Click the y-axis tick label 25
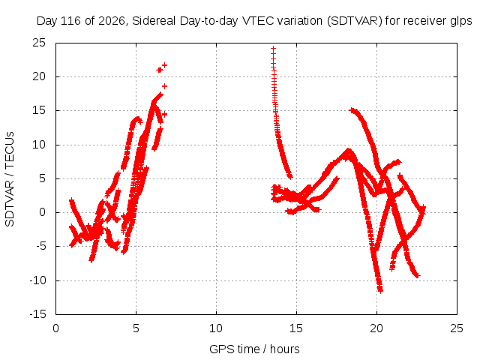point(39,43)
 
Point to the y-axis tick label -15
point(38,314)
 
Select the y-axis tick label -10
point(38,280)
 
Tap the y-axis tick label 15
point(39,110)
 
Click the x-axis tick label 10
point(216,328)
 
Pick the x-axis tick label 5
point(136,328)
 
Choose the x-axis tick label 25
point(457,328)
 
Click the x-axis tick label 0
point(55,328)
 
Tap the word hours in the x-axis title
point(285,349)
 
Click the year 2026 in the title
point(112,21)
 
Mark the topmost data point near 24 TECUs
point(273,48)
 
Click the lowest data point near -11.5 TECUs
point(380,290)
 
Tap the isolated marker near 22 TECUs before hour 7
point(165,65)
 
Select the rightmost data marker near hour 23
point(423,208)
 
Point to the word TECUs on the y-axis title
point(10,150)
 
